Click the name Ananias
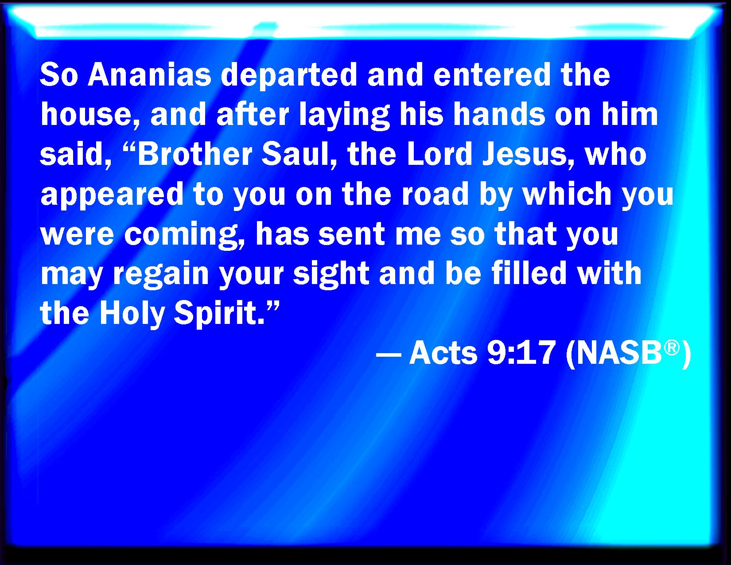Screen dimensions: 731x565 [149, 74]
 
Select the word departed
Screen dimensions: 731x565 [288, 76]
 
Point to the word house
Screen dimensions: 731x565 [90, 114]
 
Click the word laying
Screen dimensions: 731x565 [344, 116]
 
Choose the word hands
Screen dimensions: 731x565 [499, 114]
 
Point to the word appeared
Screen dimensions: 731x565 [112, 195]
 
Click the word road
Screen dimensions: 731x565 [435, 193]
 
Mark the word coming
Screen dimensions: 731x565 [184, 235]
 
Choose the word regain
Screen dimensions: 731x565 [161, 275]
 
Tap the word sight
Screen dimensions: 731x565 [331, 275]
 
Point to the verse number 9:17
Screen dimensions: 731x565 [521, 353]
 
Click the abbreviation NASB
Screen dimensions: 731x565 [619, 353]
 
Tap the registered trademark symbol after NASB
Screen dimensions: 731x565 [672, 347]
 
